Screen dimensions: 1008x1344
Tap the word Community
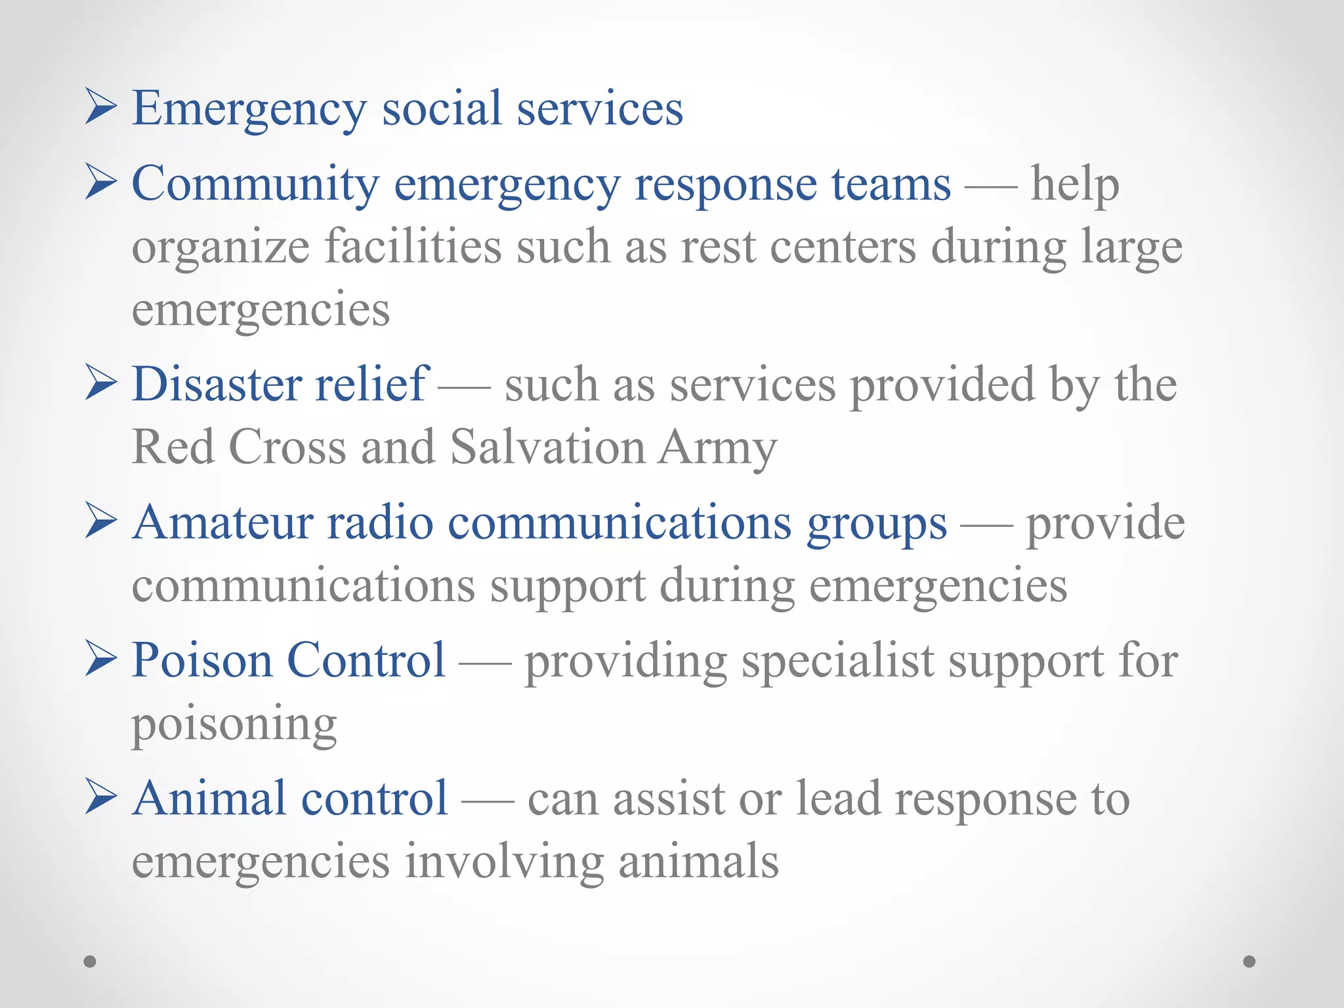(x=255, y=184)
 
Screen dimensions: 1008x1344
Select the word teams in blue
(x=891, y=184)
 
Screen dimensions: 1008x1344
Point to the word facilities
(x=413, y=247)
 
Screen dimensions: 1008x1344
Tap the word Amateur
(x=222, y=523)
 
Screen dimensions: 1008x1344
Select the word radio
(x=380, y=523)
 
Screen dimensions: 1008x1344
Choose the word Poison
(x=201, y=661)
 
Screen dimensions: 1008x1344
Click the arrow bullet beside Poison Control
(x=101, y=660)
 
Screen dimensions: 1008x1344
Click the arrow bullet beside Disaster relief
(x=101, y=383)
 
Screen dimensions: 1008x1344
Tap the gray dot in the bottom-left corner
(x=90, y=961)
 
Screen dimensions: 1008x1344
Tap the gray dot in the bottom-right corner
(x=1249, y=961)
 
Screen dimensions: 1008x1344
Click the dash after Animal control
(x=488, y=801)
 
